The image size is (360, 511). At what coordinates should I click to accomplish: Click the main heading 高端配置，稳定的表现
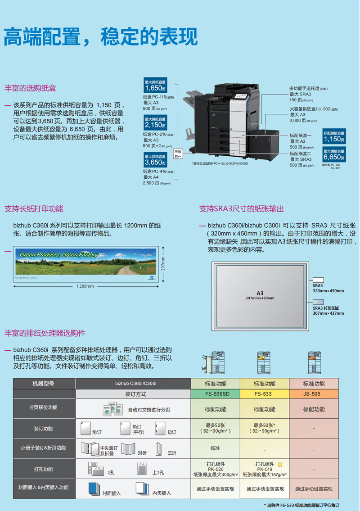101,37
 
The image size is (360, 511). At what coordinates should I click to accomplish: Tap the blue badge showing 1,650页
155,86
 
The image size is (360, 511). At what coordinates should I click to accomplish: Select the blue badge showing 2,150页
155,122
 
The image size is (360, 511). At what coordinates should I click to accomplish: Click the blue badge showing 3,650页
155,160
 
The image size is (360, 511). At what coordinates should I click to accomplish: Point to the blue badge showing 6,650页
334,155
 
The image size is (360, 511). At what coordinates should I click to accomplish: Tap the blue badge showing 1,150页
334,137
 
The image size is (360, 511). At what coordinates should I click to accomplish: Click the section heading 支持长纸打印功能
34,209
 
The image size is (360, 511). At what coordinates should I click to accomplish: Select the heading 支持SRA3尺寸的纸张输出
242,209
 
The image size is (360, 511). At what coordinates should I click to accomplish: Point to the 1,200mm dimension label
85,286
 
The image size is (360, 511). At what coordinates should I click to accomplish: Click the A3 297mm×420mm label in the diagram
260,295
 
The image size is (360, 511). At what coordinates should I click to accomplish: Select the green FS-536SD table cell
216,393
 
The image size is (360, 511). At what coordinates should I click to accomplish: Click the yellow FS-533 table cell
264,393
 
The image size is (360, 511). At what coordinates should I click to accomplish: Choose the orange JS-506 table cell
313,393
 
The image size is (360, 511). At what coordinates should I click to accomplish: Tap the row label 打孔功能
44,469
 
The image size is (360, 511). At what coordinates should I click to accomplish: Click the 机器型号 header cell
44,384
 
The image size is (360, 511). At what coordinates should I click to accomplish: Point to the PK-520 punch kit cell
216,469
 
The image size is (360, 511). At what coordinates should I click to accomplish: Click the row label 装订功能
44,429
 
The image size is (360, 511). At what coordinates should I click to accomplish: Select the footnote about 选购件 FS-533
301,506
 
